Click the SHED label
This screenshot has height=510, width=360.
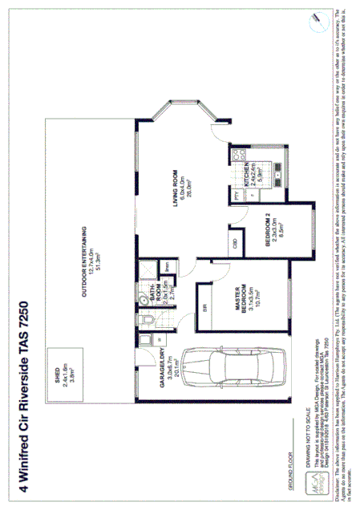pyautogui.click(x=63, y=370)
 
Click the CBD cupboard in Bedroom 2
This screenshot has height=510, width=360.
pyautogui.click(x=235, y=243)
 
